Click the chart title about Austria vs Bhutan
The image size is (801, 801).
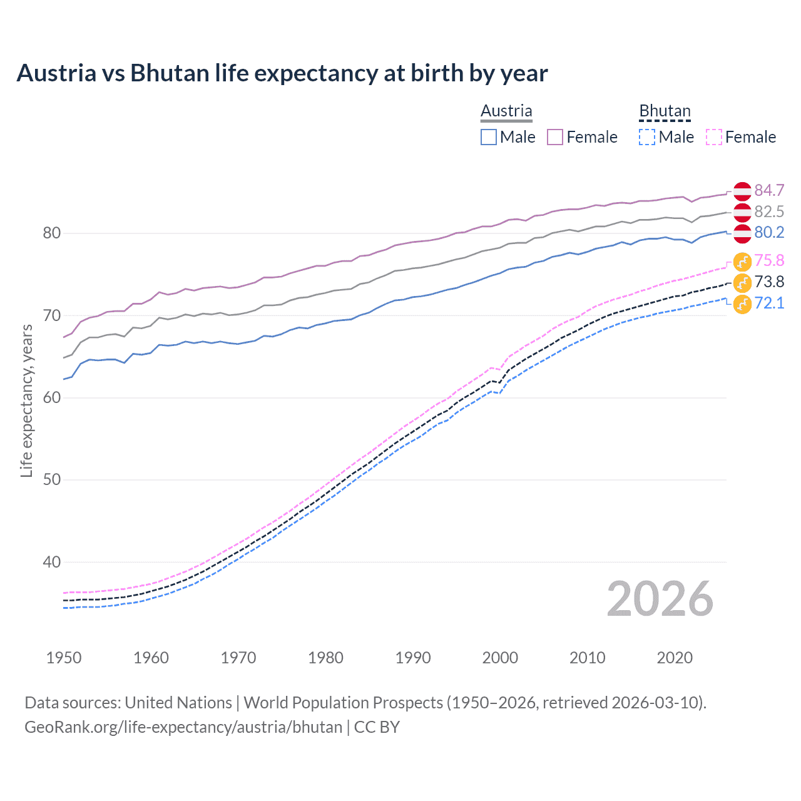pyautogui.click(x=282, y=73)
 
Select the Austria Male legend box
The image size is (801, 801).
pyautogui.click(x=489, y=137)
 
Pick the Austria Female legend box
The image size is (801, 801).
pyautogui.click(x=555, y=137)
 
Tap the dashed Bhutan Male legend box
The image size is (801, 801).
pyautogui.click(x=647, y=137)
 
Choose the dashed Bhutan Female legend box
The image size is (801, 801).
pyautogui.click(x=714, y=137)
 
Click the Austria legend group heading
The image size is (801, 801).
pyautogui.click(x=506, y=111)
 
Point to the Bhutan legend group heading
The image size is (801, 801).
pyautogui.click(x=665, y=111)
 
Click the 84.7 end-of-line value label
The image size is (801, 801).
pyautogui.click(x=769, y=190)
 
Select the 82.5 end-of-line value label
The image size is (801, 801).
pyautogui.click(x=769, y=212)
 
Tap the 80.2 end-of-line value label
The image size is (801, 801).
pyautogui.click(x=769, y=233)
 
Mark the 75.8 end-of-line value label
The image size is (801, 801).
pyautogui.click(x=769, y=260)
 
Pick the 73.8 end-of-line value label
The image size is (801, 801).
pyautogui.click(x=769, y=282)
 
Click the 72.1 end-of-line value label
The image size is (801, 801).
pyautogui.click(x=769, y=303)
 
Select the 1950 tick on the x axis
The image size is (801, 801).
pyautogui.click(x=64, y=658)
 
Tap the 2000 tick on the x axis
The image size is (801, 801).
pyautogui.click(x=500, y=658)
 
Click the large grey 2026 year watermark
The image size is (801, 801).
pyautogui.click(x=660, y=599)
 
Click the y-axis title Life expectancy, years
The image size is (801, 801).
pyautogui.click(x=26, y=400)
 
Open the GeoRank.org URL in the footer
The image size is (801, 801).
pyautogui.click(x=183, y=727)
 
